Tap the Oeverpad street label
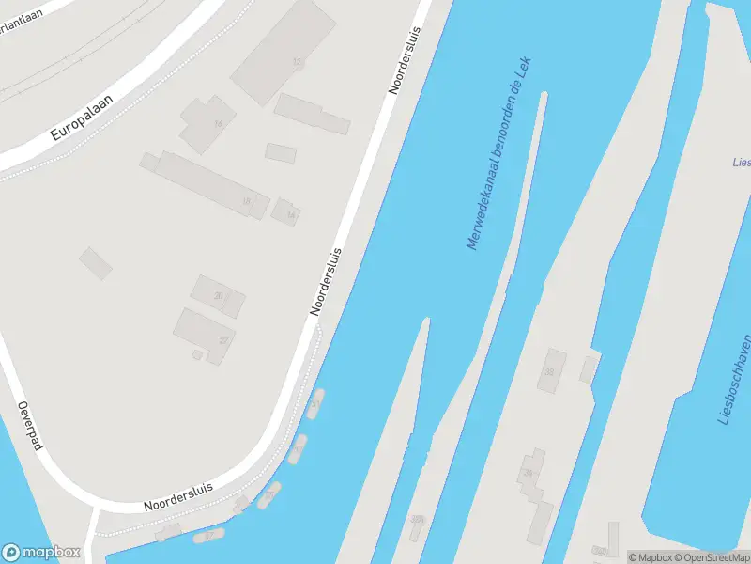coord(29,426)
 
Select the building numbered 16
coord(208,123)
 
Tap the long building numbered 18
coord(207,184)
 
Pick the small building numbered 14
coord(286,211)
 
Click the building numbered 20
coord(218,296)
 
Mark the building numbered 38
coord(552,370)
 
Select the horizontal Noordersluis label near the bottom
coord(178,496)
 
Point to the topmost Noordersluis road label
coord(406,58)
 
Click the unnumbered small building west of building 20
coord(96,263)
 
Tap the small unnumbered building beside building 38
coord(590,367)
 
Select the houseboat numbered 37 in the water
coord(208,536)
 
